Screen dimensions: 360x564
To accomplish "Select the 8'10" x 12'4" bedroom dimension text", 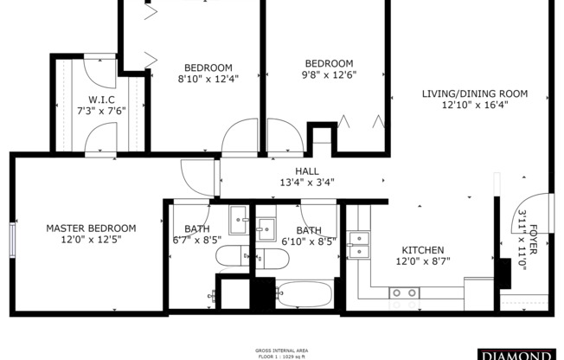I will (208, 79).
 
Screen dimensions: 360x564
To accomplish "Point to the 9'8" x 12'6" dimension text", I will (330, 74).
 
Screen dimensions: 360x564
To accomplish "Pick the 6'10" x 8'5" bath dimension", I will (309, 241).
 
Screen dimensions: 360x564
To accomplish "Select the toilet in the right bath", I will (270, 258).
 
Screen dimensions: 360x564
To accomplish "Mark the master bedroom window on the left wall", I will (13, 239).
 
